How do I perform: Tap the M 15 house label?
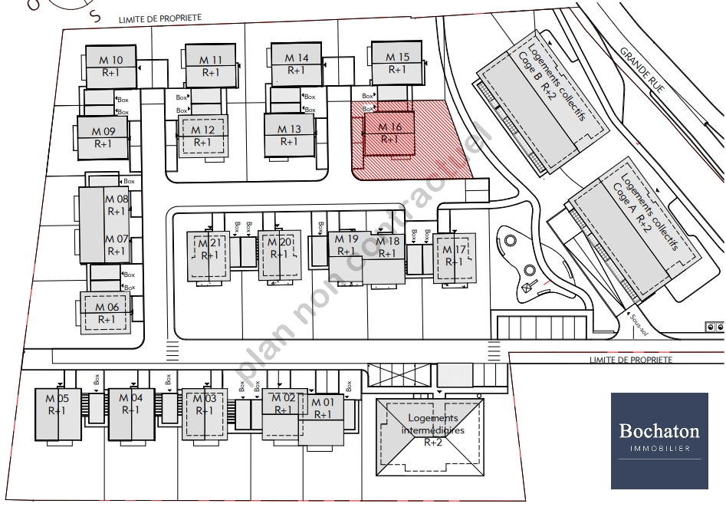coord(397,57)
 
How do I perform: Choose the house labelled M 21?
coord(209,255)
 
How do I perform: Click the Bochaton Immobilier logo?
coord(659,440)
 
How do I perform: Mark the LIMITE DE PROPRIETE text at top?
coord(159,18)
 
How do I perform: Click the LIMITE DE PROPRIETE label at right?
coord(630,360)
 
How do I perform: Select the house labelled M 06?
coord(107,312)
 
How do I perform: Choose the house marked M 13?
coord(289,135)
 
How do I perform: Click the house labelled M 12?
coord(203,136)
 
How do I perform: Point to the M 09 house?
coord(103,137)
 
